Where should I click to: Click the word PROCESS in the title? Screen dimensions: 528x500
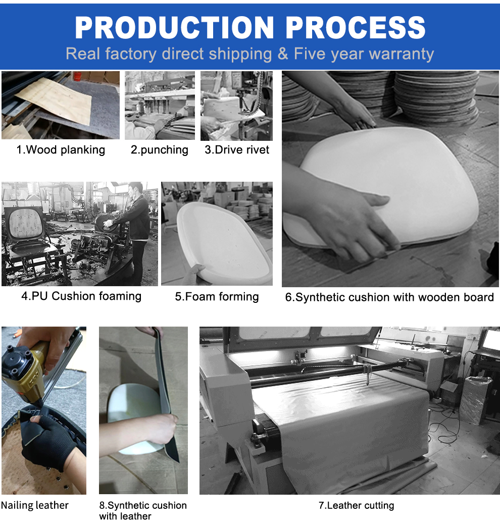point(356,27)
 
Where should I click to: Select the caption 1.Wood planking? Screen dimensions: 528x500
point(61,150)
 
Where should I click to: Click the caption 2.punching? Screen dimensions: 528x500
point(159,150)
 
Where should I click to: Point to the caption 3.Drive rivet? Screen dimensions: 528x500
point(237,150)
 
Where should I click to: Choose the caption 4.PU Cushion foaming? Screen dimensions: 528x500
point(81,296)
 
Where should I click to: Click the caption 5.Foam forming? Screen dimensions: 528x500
point(217,297)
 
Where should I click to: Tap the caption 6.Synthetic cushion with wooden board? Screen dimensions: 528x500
point(389,297)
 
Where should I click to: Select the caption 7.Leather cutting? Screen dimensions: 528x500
point(356,505)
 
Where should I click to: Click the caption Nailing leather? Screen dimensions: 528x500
point(35,505)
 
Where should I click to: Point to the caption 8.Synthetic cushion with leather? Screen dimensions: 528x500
point(142,510)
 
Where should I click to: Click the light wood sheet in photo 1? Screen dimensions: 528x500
point(56,101)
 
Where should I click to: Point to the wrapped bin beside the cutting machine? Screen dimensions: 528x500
point(475,399)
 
